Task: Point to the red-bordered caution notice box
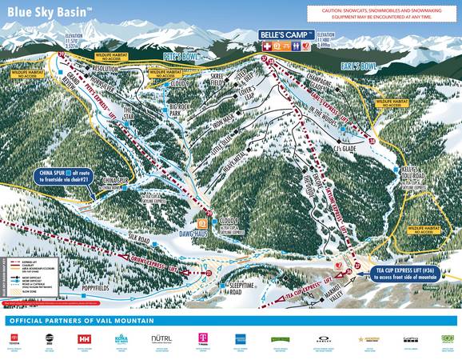pos(381,14)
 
